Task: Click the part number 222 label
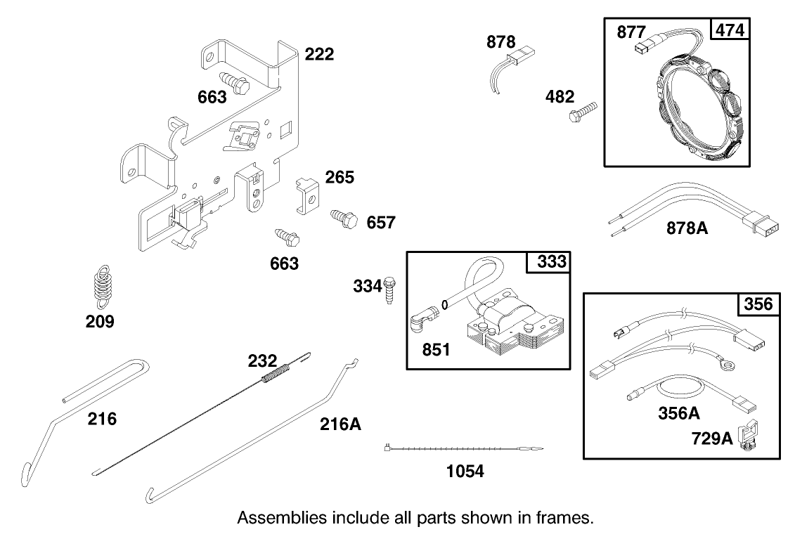[x=319, y=55]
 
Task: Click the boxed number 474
[x=730, y=30]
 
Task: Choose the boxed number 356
[x=758, y=304]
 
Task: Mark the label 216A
[x=341, y=424]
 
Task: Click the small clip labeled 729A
[x=750, y=435]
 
